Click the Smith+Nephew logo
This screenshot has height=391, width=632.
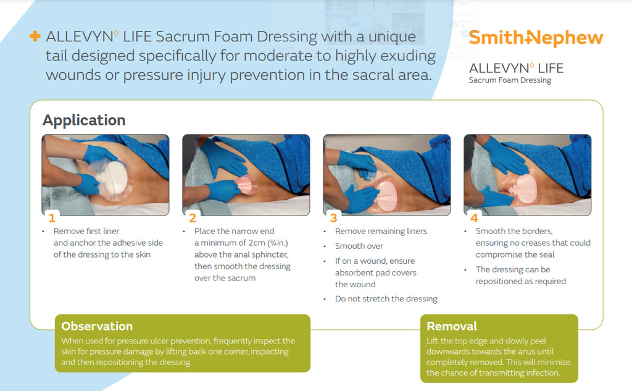click(x=535, y=38)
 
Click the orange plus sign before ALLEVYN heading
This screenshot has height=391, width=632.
click(x=35, y=37)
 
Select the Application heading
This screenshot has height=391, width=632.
click(x=84, y=120)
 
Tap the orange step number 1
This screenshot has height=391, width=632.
click(x=52, y=218)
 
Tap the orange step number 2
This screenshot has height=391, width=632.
click(x=193, y=218)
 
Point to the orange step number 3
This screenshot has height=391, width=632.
click(x=333, y=218)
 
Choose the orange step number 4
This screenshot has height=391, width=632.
click(x=474, y=218)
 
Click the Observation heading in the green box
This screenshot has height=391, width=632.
click(x=97, y=326)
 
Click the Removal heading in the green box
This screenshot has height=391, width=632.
click(x=452, y=326)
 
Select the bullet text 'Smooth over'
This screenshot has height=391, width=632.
click(x=359, y=246)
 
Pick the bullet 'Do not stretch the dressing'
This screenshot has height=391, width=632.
click(x=386, y=299)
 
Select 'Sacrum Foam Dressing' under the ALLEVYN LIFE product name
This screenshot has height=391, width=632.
click(x=510, y=80)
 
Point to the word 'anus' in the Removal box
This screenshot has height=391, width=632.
click(x=544, y=351)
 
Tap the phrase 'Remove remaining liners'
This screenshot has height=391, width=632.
click(x=381, y=231)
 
